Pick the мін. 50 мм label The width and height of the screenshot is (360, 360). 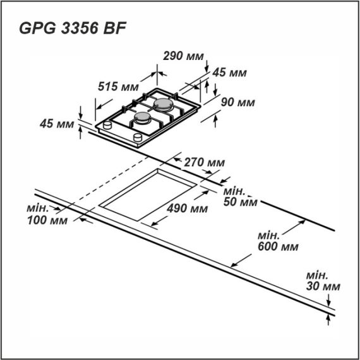241,196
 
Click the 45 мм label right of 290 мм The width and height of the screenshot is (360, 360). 229,73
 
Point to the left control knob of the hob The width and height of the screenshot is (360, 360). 107,126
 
